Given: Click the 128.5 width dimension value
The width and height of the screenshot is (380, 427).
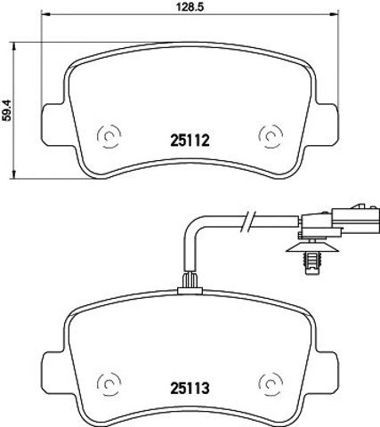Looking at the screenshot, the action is click(x=190, y=7).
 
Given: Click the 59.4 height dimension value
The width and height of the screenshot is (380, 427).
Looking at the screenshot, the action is click(x=6, y=110).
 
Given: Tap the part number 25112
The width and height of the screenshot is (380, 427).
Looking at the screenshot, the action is click(x=190, y=141).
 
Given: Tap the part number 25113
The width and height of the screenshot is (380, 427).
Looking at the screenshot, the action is click(x=190, y=388).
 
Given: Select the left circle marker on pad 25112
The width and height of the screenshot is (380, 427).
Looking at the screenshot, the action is click(x=109, y=136).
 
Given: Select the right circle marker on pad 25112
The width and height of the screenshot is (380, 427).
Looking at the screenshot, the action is click(x=271, y=136).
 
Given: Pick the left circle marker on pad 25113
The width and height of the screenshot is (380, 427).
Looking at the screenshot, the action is click(x=109, y=383).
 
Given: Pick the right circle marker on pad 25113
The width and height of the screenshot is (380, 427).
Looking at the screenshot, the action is click(x=271, y=383).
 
